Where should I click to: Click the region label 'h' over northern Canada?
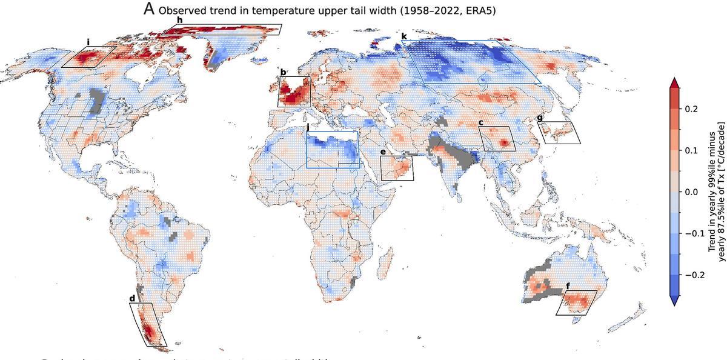click(179, 20)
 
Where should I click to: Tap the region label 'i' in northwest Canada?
click(88, 42)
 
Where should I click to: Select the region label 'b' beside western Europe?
click(283, 72)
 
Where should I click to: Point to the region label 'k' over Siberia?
click(404, 37)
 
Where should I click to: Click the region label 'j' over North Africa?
click(308, 127)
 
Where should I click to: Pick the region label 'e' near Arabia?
click(383, 152)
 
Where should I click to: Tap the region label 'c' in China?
click(480, 122)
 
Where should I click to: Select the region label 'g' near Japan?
click(540, 118)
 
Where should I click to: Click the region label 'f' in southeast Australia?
click(567, 285)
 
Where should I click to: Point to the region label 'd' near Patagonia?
click(132, 298)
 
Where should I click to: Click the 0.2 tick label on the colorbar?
click(692, 108)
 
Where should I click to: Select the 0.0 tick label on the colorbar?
click(692, 192)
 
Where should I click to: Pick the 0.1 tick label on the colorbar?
click(692, 150)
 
